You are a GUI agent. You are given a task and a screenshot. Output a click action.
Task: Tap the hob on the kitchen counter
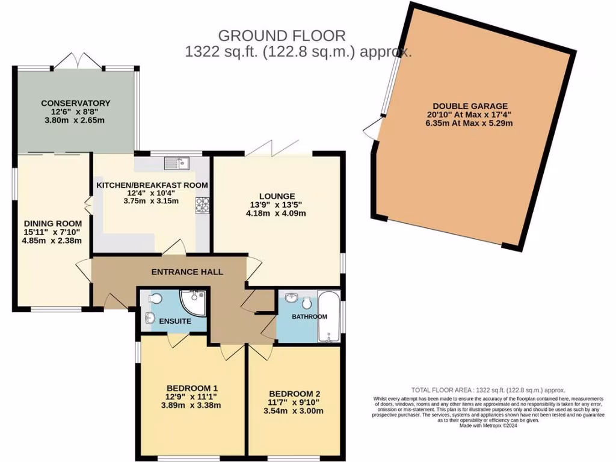(202, 205)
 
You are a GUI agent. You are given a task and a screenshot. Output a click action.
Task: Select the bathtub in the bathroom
(329, 316)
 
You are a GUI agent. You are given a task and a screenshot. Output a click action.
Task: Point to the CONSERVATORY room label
(76, 103)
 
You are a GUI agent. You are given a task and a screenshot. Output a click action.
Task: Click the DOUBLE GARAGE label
(470, 106)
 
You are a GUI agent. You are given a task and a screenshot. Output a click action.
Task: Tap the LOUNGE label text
(277, 196)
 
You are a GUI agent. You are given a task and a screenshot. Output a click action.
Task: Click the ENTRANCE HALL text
(186, 272)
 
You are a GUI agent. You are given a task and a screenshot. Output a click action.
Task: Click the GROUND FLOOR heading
(282, 36)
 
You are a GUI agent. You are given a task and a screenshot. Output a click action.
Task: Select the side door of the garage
(372, 128)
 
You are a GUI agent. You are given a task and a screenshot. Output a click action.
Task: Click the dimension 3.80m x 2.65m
(76, 120)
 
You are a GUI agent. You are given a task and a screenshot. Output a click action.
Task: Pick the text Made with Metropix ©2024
(469, 426)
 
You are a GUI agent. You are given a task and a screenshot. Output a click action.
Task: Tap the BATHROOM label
(310, 316)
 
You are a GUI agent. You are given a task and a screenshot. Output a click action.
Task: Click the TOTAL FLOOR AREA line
(488, 390)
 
